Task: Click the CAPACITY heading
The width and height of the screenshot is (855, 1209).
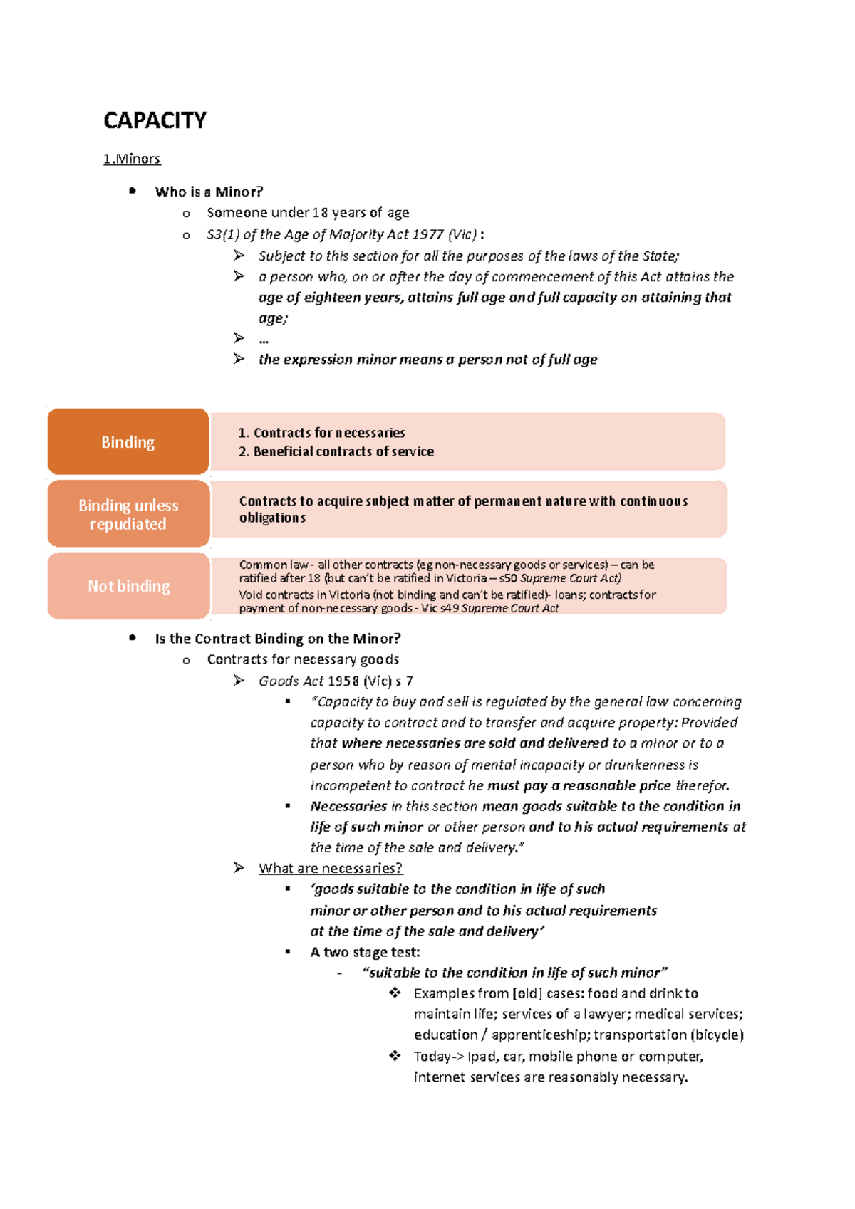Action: [155, 120]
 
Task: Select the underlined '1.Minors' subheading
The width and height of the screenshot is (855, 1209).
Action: [132, 159]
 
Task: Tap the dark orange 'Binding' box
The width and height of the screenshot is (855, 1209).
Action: [128, 442]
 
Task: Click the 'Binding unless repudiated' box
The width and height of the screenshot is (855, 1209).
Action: [128, 514]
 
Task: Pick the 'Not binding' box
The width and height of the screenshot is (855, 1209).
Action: [128, 586]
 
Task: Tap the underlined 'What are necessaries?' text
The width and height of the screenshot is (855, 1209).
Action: [331, 868]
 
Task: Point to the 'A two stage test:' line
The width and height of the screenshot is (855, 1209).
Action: [365, 952]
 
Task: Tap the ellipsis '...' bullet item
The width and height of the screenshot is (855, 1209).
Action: [264, 340]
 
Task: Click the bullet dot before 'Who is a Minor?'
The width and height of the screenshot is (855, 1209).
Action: [133, 191]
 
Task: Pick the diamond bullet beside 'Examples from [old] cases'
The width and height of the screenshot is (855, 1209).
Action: [395, 993]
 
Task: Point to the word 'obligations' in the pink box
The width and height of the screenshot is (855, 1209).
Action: [272, 518]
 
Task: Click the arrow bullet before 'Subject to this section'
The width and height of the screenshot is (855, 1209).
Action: [239, 255]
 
